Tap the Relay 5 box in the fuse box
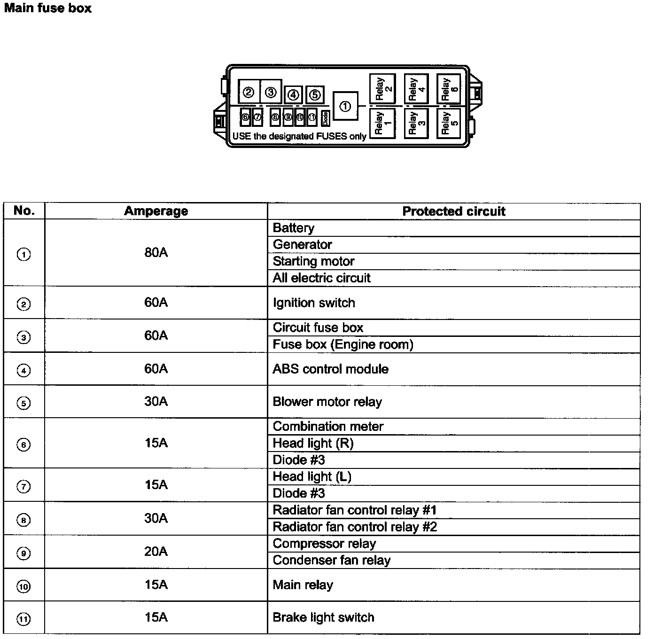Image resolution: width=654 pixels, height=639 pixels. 448,123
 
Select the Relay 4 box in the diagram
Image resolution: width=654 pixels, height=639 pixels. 416,89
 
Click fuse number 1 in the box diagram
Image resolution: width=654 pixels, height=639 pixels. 345,106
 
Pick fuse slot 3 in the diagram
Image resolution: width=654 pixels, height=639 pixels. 271,92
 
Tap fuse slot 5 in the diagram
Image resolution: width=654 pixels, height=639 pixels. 315,95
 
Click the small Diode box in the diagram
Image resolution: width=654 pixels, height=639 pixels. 325,118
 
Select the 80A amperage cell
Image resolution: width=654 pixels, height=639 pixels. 156,253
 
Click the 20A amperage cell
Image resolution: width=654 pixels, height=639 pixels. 156,551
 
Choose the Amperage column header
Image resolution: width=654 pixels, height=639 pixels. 156,211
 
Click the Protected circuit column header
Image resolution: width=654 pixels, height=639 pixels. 454,211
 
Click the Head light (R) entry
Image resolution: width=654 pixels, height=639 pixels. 313,443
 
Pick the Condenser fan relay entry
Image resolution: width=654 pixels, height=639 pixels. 332,560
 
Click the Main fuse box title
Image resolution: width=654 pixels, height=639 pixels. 47,8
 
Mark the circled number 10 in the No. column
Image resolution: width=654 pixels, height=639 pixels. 23,586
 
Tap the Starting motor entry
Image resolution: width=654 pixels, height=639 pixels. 314,261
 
